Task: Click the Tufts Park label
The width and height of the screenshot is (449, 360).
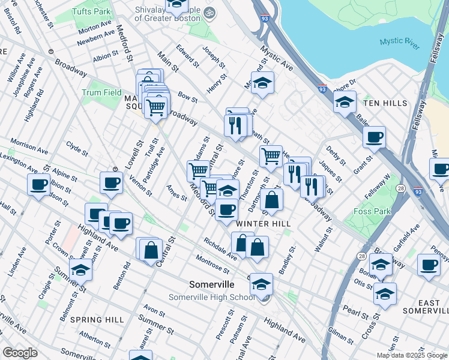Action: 91,11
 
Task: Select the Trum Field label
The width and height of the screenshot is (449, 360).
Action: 101,92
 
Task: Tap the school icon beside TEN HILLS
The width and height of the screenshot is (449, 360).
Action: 345,103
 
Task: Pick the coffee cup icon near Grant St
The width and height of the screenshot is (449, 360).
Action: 374,137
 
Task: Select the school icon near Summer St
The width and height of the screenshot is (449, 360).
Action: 80,271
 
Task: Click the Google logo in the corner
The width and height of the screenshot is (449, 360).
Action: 20,352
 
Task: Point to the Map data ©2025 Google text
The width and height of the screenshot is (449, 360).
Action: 411,355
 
